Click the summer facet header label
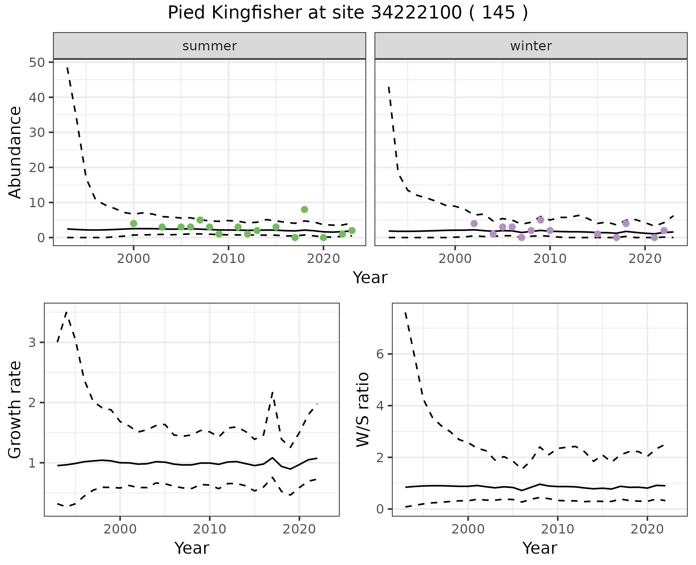point(210,46)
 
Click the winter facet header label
point(531,46)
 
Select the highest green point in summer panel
point(304,209)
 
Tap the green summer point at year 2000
point(133,223)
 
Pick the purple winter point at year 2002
point(474,223)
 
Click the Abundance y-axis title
point(15,152)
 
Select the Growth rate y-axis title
point(15,409)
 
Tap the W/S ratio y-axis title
point(362,409)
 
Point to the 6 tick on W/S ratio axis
point(380,354)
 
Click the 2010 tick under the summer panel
point(228,259)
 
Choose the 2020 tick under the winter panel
point(645,259)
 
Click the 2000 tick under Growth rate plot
point(120,529)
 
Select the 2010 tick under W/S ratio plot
point(558,529)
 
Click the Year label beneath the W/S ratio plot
point(539,548)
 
